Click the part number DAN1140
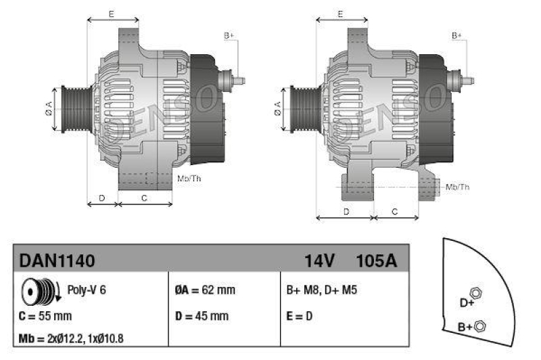coord(57,261)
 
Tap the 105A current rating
coord(375,261)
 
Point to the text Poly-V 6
coord(87,290)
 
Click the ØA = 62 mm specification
coord(205,290)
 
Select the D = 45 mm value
coord(202,315)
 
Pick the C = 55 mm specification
coord(45,315)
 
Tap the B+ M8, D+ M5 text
coord(322,290)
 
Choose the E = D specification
coord(300,315)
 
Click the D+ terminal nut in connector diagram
coord(475,292)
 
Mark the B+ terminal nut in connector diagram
coord(480,326)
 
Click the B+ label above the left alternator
coord(229,35)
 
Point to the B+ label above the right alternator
coord(457,35)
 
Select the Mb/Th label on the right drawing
coord(458,186)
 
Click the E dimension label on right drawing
coord(341,14)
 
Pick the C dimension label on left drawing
coord(144,198)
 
